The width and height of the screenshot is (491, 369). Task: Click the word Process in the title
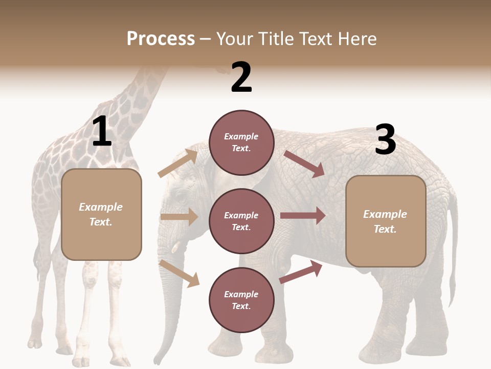pos(161,39)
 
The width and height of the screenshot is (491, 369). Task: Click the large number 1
pos(102,132)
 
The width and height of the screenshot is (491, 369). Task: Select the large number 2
pos(241,77)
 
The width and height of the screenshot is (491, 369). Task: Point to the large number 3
pos(385,140)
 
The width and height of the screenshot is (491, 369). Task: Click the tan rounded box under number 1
pos(101,214)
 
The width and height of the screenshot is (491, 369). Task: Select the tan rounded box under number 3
pos(386,221)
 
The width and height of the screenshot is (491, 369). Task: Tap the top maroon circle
pos(241,142)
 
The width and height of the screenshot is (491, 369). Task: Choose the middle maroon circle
pos(241,221)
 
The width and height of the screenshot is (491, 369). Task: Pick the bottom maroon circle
pos(241,300)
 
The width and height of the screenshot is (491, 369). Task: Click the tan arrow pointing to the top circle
pos(178,163)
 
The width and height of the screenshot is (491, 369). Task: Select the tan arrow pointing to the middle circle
pos(179,217)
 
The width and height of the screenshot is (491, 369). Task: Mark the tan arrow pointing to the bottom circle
pos(179,273)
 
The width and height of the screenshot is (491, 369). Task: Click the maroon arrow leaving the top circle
pos(304,164)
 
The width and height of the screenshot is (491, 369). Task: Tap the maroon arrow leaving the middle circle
pos(303,216)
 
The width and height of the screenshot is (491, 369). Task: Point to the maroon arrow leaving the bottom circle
pos(301,272)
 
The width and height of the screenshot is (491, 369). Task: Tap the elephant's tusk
pos(176,248)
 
